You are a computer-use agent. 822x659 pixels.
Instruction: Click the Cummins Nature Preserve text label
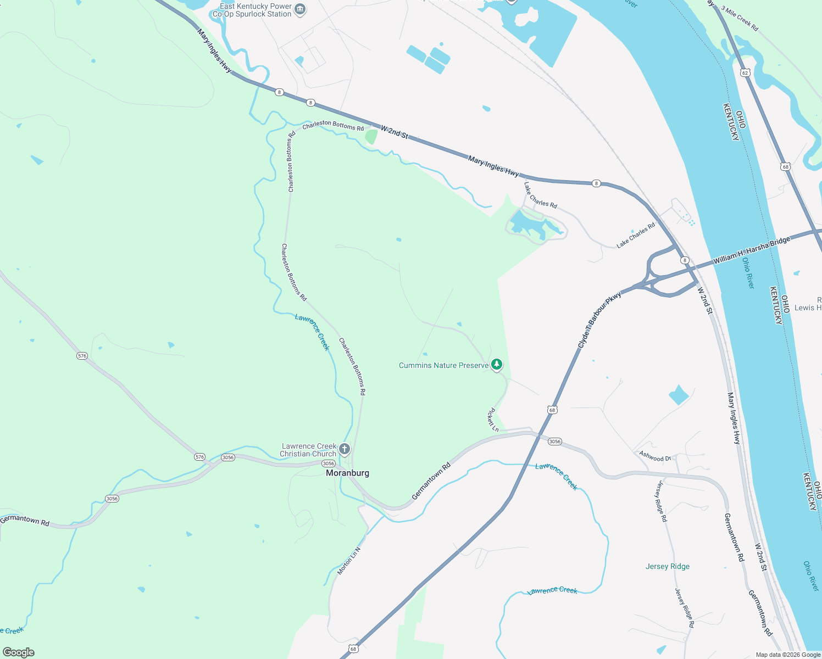click(443, 365)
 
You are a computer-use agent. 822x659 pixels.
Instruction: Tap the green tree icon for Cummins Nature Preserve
click(497, 364)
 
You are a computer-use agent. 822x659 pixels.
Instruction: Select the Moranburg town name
click(347, 473)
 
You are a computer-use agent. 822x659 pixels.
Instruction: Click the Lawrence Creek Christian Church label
click(308, 450)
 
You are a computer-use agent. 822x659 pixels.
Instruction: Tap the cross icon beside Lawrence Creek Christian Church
click(345, 449)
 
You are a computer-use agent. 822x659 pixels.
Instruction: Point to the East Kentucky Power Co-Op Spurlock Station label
click(256, 10)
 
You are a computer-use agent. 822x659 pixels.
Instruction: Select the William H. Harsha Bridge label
click(751, 250)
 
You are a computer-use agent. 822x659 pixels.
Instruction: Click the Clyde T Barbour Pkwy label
click(599, 320)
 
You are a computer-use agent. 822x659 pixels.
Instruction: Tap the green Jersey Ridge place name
click(668, 566)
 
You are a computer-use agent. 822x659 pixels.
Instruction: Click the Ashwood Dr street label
click(655, 456)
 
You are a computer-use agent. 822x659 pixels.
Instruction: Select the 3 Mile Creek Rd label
click(740, 19)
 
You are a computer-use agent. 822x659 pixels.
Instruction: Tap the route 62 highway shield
click(745, 72)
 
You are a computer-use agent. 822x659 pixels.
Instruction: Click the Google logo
click(18, 652)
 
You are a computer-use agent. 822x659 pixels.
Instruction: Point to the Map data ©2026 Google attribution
click(787, 655)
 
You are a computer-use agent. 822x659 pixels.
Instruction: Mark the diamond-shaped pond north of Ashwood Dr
click(679, 395)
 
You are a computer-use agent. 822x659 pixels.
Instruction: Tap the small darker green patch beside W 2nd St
click(371, 136)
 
